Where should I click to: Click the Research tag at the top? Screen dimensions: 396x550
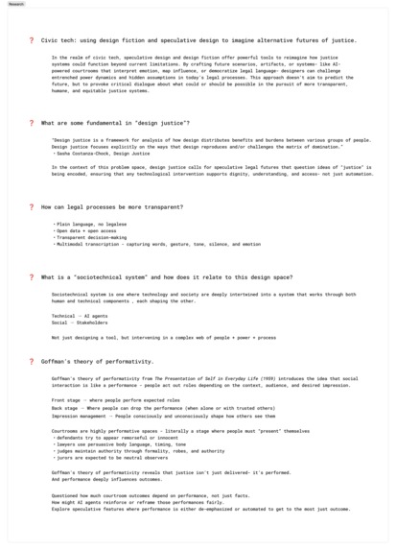(15, 5)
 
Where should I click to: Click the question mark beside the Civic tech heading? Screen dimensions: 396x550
(31, 40)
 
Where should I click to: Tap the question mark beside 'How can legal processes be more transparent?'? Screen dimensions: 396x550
(31, 206)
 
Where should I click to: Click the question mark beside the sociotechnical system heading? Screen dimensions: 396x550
(31, 276)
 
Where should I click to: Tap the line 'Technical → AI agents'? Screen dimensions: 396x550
(80, 315)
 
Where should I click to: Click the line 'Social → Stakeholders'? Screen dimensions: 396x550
(80, 323)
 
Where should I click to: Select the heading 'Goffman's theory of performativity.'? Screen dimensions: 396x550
(97, 361)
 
